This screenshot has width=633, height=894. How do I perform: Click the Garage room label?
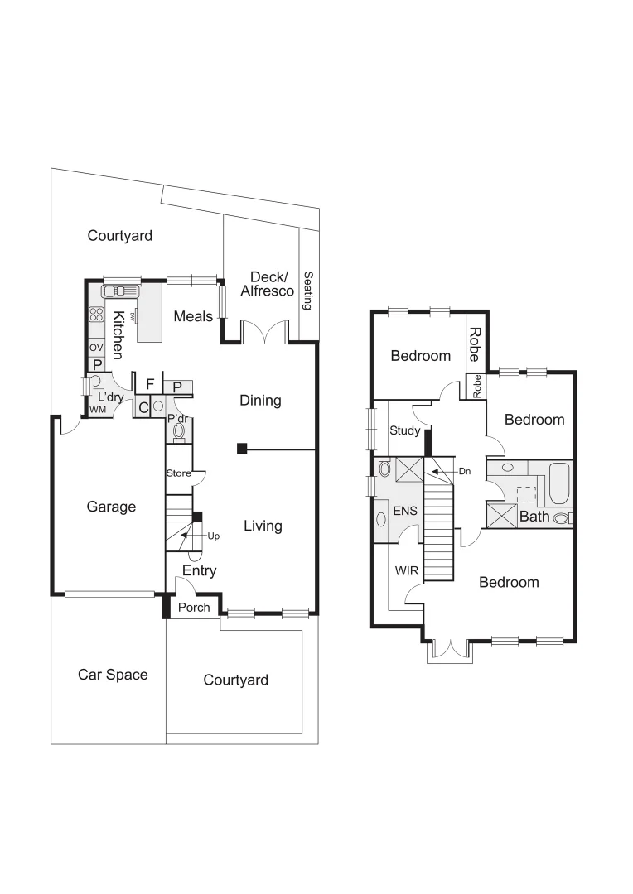point(111,507)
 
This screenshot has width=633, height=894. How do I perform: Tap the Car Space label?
point(113,675)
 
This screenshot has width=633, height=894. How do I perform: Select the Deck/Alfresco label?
point(267,284)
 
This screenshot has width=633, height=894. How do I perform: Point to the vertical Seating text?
point(307,291)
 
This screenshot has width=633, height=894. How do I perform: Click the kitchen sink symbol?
point(120,291)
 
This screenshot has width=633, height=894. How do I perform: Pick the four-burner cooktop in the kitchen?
point(96,315)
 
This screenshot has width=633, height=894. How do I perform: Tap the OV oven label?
point(96,348)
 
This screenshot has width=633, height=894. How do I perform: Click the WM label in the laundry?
point(98,410)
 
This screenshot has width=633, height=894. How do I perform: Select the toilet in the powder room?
point(179,431)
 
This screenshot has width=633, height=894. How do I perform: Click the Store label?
point(178,474)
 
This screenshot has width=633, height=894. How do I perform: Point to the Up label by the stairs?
point(214,536)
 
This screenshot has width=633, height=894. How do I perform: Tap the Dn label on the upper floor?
point(465,471)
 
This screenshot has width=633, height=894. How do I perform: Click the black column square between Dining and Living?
point(241,449)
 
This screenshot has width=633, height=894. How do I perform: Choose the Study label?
point(405,430)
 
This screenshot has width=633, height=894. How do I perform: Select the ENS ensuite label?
point(405,511)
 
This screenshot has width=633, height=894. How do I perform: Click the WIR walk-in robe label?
point(406,571)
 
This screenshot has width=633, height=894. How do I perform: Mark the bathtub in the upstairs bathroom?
point(559,483)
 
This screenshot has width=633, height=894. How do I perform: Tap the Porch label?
point(195,608)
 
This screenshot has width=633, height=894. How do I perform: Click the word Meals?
point(193,316)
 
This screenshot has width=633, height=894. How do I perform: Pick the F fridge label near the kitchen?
point(150,384)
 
